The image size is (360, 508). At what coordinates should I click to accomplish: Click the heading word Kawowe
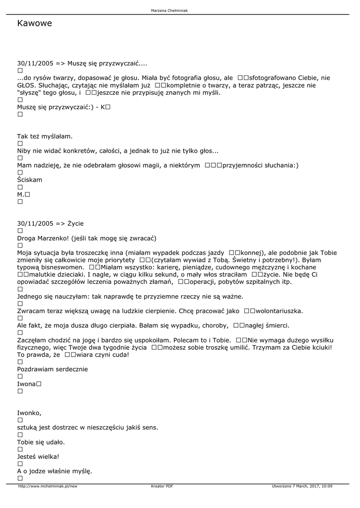pyautogui.click(x=34, y=23)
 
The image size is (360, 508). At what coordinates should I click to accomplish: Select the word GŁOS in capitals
pyautogui.click(x=26, y=85)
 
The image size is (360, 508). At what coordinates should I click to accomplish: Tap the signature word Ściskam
pyautogui.click(x=30, y=180)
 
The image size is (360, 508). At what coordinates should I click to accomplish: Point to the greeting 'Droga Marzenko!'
pyautogui.click(x=42, y=238)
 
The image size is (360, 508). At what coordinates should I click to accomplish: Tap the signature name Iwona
pyautogui.click(x=26, y=384)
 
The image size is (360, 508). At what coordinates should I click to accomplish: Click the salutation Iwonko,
pyautogui.click(x=29, y=413)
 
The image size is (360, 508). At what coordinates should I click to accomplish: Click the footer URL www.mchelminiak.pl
pyautogui.click(x=48, y=486)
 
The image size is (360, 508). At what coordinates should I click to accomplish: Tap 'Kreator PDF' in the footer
pyautogui.click(x=162, y=486)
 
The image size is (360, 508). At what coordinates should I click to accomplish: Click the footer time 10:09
pyautogui.click(x=326, y=486)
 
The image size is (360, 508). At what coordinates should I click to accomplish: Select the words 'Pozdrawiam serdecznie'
pyautogui.click(x=52, y=369)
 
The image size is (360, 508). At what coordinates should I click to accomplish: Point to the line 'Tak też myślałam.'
pyautogui.click(x=45, y=136)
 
